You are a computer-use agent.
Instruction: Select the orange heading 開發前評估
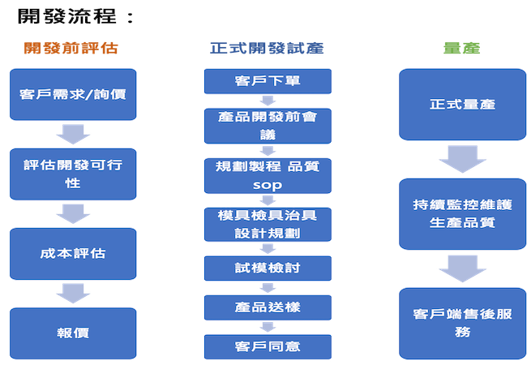tap(71, 48)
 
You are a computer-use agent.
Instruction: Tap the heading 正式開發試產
tap(267, 48)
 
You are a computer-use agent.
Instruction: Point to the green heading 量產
tap(462, 48)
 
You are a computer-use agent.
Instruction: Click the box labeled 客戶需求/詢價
tap(73, 94)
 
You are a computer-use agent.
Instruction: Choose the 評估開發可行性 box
tap(73, 174)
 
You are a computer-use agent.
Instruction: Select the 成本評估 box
tap(73, 254)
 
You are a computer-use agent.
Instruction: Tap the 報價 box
tap(73, 333)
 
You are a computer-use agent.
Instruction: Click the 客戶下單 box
tap(268, 81)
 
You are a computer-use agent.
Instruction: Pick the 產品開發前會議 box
tap(268, 126)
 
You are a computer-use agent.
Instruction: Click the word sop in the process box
tap(268, 185)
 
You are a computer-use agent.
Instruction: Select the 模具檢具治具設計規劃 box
tap(268, 225)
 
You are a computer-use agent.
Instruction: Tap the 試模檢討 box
tap(268, 268)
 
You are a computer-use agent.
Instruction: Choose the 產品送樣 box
tap(268, 307)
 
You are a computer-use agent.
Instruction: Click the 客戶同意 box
tap(268, 347)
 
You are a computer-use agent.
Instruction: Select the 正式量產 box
tap(462, 105)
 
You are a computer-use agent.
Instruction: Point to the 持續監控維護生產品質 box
tap(462, 214)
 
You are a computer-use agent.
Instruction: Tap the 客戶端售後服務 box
tap(462, 324)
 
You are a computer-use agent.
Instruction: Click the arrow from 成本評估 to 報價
tap(73, 294)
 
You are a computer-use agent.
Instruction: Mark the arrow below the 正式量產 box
tap(462, 159)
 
